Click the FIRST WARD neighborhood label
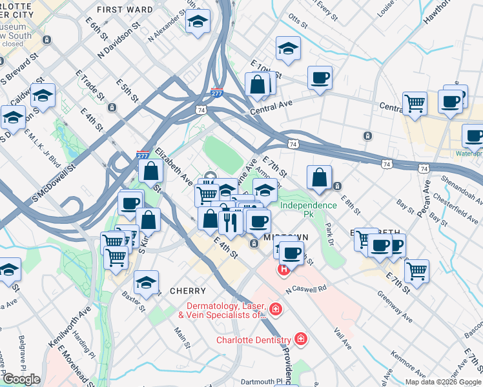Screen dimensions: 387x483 click(x=125, y=10)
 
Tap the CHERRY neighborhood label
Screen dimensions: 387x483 click(x=187, y=291)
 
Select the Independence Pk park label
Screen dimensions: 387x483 click(x=308, y=210)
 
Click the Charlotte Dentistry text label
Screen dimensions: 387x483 click(x=253, y=340)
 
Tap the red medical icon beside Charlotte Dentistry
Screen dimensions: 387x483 click(x=300, y=338)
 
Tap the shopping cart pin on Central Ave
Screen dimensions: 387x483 click(x=415, y=103)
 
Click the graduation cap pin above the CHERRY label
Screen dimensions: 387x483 click(x=147, y=282)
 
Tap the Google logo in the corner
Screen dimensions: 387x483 click(x=21, y=379)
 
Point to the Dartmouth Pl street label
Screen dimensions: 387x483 click(x=262, y=381)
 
